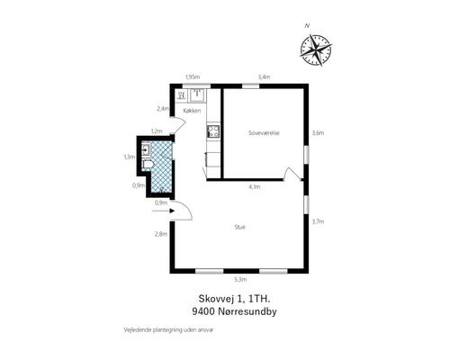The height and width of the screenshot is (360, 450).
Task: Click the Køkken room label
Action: [x=192, y=111]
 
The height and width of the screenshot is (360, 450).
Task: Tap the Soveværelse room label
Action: [x=264, y=133]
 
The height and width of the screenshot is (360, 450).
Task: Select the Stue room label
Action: [x=240, y=227]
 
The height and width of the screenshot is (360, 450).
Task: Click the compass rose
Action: [x=316, y=50]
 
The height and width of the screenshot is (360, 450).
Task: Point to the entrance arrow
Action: [x=164, y=211]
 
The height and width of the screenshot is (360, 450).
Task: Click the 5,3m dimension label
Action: [x=240, y=280]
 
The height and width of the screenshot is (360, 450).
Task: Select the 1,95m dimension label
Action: [x=193, y=77]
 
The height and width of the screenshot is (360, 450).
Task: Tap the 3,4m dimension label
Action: [x=264, y=77]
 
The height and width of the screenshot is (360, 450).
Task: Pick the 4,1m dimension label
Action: [x=255, y=187]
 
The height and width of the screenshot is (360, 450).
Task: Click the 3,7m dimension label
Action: [x=318, y=221]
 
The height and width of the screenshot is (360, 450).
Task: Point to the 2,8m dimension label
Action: [x=161, y=234]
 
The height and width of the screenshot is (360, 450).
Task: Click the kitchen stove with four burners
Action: [x=213, y=131]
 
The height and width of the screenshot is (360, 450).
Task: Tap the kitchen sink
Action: [x=196, y=94]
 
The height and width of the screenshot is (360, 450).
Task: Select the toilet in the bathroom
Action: [x=148, y=165]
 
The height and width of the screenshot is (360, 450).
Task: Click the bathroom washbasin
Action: [x=146, y=149]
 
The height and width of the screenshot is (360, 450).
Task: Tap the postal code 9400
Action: [x=203, y=311]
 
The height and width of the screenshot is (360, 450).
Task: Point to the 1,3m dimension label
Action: [x=130, y=157]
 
